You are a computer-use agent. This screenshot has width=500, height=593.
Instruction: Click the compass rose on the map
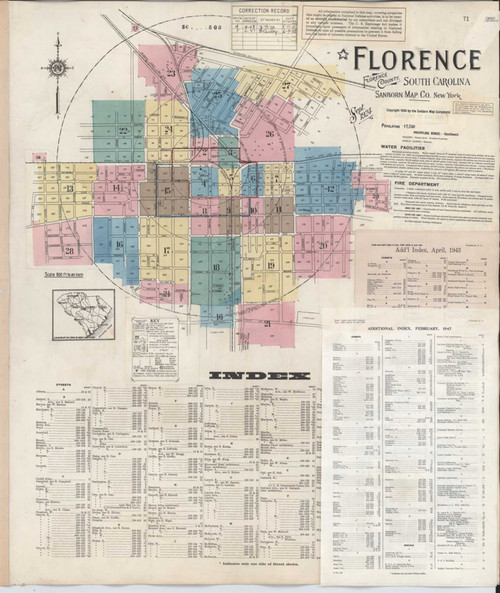57,67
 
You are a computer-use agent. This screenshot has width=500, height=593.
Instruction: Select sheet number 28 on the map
69,251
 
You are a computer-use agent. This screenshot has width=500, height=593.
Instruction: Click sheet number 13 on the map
69,188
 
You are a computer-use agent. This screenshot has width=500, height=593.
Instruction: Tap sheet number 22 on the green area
124,130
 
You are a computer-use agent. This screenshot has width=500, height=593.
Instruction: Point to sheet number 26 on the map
269,133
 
